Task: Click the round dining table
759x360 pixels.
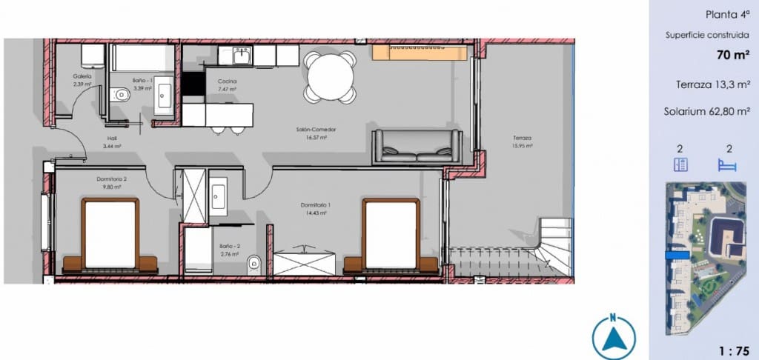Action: [331, 77]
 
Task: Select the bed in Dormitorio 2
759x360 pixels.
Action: [110, 236]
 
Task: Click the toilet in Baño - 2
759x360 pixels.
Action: [254, 261]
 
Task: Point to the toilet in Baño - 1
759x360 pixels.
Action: [121, 94]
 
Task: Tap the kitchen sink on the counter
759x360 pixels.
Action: [241, 56]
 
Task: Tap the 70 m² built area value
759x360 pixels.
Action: [732, 54]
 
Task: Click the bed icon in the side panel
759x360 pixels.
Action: [727, 165]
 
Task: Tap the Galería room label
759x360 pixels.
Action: [82, 76]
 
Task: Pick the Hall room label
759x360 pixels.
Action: [112, 139]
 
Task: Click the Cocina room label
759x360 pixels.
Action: [227, 81]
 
